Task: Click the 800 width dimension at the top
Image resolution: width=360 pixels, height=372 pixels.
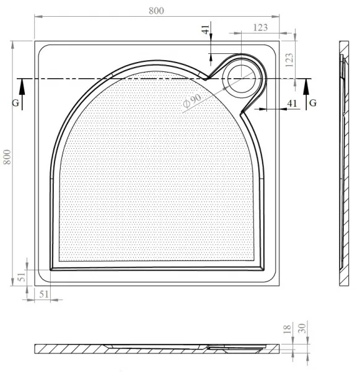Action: pyautogui.click(x=156, y=11)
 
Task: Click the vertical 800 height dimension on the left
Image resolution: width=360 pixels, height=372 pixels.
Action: pyautogui.click(x=7, y=157)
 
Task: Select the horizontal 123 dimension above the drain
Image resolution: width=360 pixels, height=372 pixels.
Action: pyautogui.click(x=260, y=27)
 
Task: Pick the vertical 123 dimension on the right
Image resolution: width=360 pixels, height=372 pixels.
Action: pyautogui.click(x=289, y=60)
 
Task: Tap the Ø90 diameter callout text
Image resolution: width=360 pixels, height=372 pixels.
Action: pyautogui.click(x=192, y=101)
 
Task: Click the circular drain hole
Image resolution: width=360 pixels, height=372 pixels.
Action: pyautogui.click(x=242, y=79)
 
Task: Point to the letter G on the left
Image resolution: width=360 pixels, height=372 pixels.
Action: pyautogui.click(x=15, y=103)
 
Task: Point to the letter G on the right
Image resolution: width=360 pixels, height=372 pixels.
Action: pyautogui.click(x=313, y=103)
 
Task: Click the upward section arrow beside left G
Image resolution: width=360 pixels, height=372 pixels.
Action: pyautogui.click(x=22, y=94)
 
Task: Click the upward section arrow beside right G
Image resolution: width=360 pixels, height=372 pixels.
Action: pyautogui.click(x=306, y=94)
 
